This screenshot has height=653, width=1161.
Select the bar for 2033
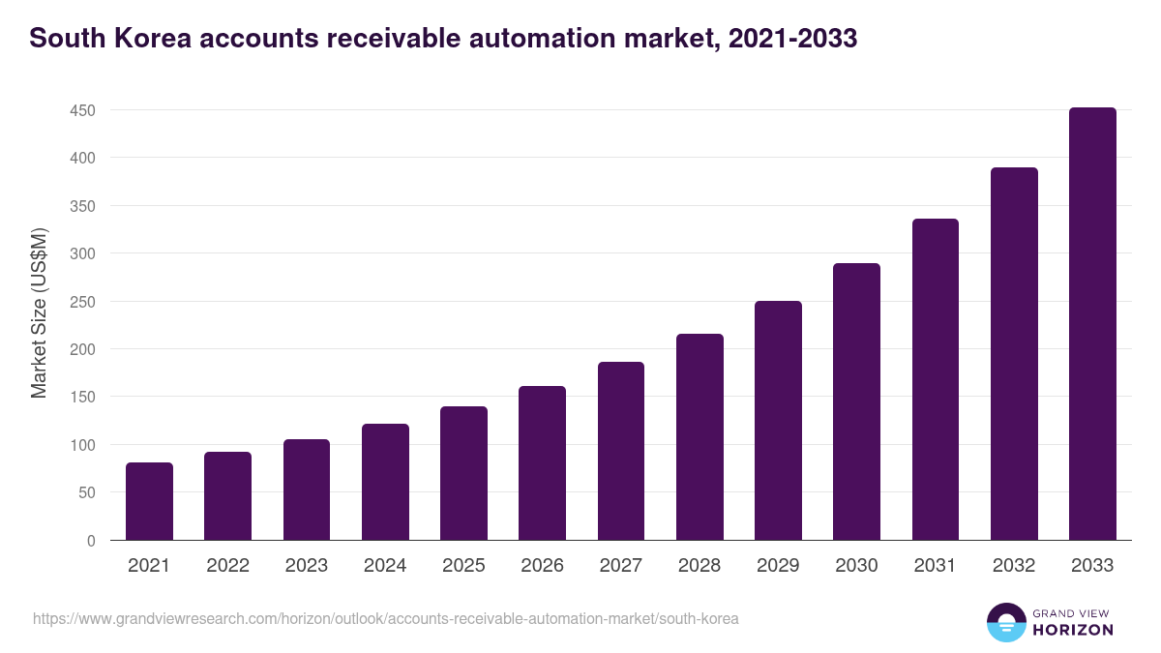[1092, 324]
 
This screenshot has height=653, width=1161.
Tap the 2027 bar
[621, 451]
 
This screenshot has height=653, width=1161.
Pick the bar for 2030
[856, 401]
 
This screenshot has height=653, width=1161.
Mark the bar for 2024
[385, 482]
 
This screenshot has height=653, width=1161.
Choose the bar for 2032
[1014, 354]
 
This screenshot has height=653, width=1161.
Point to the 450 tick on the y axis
[82, 110]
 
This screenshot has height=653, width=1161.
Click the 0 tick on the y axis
[90, 541]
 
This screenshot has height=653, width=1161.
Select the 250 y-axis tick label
[82, 302]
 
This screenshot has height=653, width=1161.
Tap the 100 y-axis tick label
[82, 445]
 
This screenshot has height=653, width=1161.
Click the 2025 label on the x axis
[463, 566]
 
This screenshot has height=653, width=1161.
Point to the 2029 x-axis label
[778, 566]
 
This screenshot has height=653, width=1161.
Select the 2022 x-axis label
[227, 566]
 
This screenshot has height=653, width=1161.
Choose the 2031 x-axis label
[936, 566]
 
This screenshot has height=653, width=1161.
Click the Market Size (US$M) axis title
[39, 313]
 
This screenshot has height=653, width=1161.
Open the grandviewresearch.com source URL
[385, 618]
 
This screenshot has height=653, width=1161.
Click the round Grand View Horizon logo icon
[1005, 622]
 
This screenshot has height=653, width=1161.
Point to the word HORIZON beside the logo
[1073, 630]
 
